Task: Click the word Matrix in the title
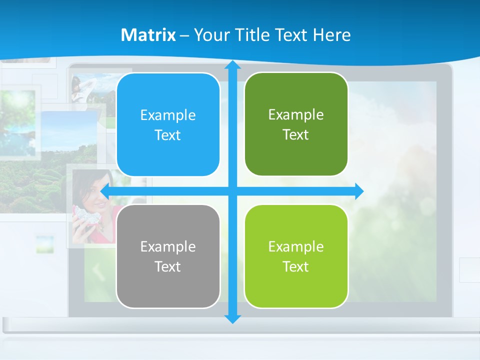coord(148,35)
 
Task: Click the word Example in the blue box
coord(168,115)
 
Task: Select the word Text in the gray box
coord(168,266)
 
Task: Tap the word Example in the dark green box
coord(296,114)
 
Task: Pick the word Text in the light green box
coord(296,266)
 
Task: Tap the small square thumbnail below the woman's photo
coord(44,244)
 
